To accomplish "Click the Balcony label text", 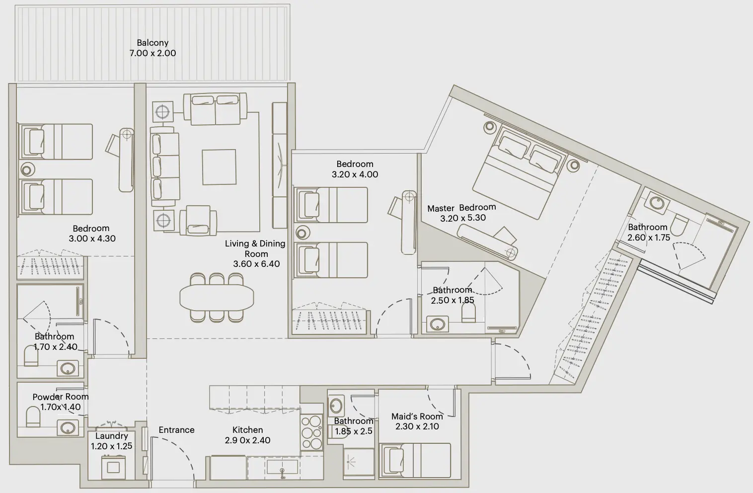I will (152, 43).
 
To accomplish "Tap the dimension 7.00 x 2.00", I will (152, 53).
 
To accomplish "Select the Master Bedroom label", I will (461, 207).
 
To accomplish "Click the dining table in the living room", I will (217, 298).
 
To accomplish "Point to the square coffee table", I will (219, 167).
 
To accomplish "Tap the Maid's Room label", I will (417, 416).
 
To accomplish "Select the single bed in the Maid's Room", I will (414, 462).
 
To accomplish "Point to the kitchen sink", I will (282, 467).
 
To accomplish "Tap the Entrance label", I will (176, 430).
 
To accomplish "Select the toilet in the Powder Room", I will (32, 417).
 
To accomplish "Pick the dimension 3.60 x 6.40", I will (256, 264).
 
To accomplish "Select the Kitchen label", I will (247, 430).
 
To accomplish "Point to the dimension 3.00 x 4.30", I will (92, 239).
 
